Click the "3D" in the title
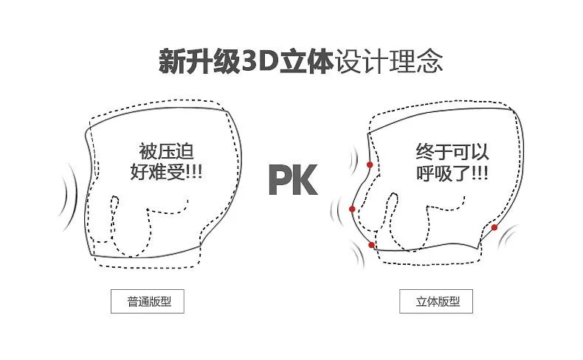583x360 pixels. pyautogui.click(x=260, y=61)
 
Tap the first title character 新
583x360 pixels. pyautogui.click(x=172, y=61)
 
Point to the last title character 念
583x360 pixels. pyautogui.click(x=430, y=61)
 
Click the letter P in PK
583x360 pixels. pyautogui.click(x=279, y=180)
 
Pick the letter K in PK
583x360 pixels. pyautogui.click(x=305, y=180)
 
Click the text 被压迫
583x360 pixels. pyautogui.click(x=166, y=151)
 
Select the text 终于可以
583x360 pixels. pyautogui.click(x=452, y=151)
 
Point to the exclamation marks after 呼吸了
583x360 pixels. pyautogui.click(x=480, y=173)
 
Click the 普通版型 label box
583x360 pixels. pyautogui.click(x=148, y=301)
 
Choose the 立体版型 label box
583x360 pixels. pyautogui.click(x=436, y=301)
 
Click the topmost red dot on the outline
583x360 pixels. pyautogui.click(x=370, y=165)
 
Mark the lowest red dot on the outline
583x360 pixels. pyautogui.click(x=371, y=245)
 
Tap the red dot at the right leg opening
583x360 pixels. pyautogui.click(x=494, y=227)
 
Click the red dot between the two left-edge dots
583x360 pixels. pyautogui.click(x=352, y=210)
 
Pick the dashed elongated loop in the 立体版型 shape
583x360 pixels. pyautogui.click(x=391, y=214)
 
